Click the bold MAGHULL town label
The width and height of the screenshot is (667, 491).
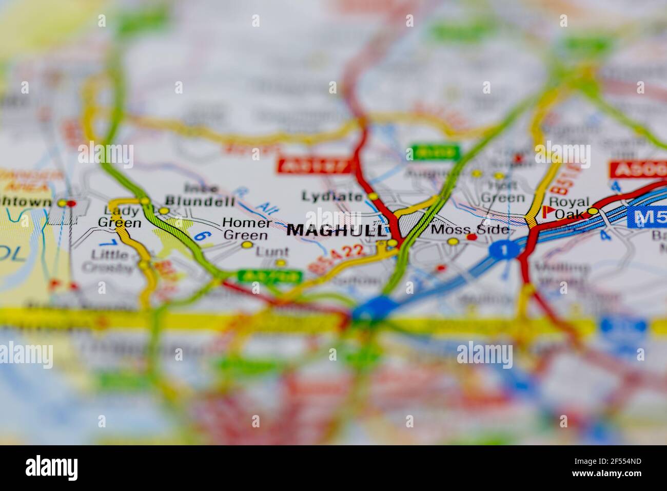click(335, 230)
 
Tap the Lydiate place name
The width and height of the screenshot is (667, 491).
click(332, 196)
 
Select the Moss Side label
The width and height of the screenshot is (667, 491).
click(470, 229)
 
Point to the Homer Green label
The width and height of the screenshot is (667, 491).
click(246, 229)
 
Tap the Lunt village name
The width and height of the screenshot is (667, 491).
click(272, 252)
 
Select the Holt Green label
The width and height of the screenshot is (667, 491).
click(502, 191)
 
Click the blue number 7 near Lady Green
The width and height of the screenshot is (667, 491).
click(106, 242)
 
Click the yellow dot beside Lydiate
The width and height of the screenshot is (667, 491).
click(373, 197)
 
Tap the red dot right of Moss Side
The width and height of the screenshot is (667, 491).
click(473, 237)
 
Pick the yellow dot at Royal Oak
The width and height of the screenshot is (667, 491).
click(594, 211)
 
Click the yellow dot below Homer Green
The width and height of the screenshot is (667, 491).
click(247, 245)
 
